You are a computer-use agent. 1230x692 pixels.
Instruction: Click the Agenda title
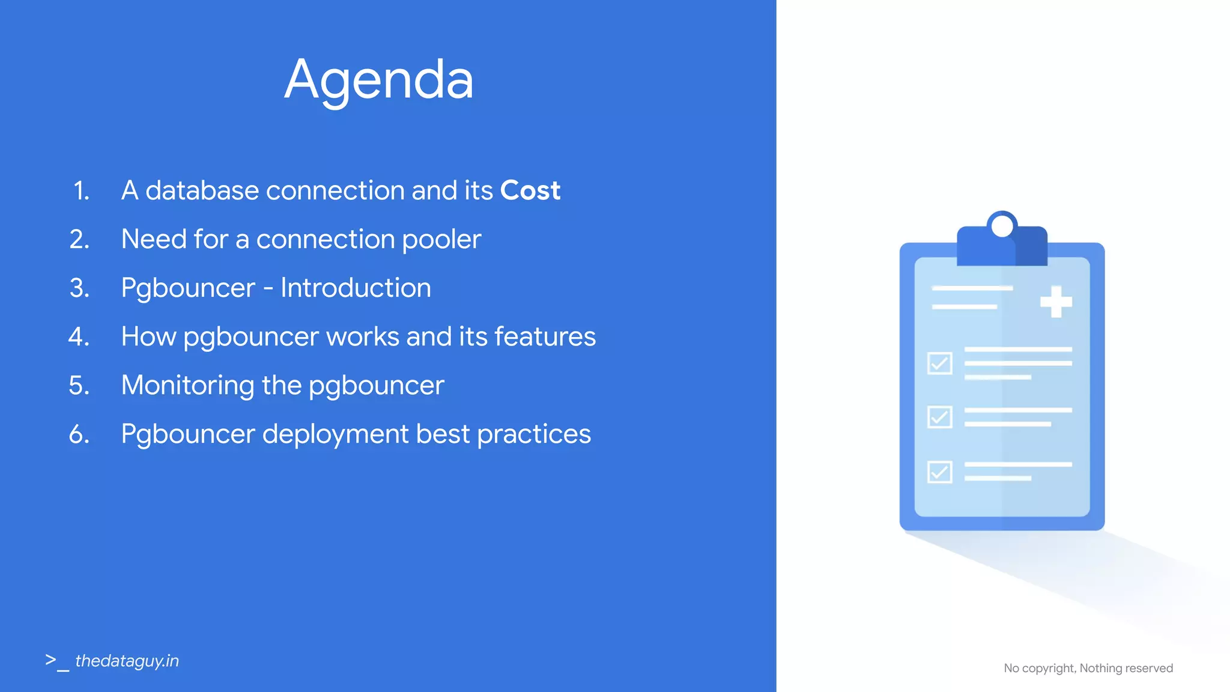pos(378,80)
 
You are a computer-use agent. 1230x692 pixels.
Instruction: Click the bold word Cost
pos(530,190)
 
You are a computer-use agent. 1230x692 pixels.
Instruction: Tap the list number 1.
pos(81,191)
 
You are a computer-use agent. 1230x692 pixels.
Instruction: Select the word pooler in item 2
pos(441,240)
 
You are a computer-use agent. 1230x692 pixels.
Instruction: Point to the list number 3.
pos(79,288)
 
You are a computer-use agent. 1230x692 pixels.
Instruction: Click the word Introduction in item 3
pos(356,288)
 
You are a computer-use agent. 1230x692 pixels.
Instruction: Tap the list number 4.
pos(79,337)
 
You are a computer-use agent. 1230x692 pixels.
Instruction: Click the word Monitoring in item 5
pos(187,386)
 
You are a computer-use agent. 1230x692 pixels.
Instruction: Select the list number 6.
pos(79,434)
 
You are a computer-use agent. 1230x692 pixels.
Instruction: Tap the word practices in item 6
pos(534,434)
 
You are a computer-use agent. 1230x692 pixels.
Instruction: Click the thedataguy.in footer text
pos(127,661)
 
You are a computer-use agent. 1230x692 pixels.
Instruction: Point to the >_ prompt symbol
pos(56,661)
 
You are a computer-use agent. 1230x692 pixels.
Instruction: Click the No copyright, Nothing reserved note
pos(1088,668)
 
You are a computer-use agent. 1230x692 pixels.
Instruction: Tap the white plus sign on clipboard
pos(1056,302)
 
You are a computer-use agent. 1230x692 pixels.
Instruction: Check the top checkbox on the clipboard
pos(939,363)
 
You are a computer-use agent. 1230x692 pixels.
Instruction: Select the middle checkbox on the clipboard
pos(939,417)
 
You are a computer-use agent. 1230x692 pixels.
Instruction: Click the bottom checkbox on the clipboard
pos(939,472)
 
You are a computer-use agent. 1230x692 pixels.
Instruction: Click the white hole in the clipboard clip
pos(1002,226)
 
